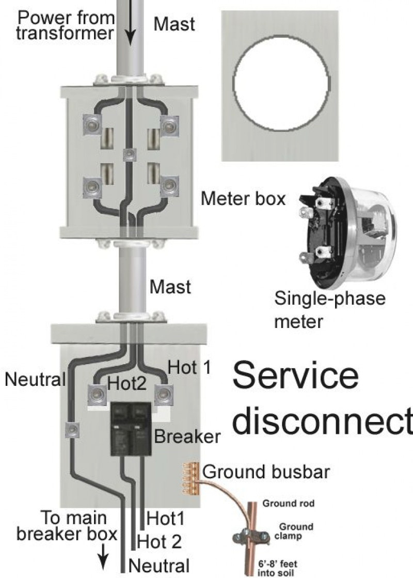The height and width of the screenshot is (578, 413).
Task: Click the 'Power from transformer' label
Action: [66, 26]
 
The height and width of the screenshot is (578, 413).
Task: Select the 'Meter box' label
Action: [243, 198]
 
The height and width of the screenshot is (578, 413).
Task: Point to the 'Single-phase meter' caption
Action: [329, 309]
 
